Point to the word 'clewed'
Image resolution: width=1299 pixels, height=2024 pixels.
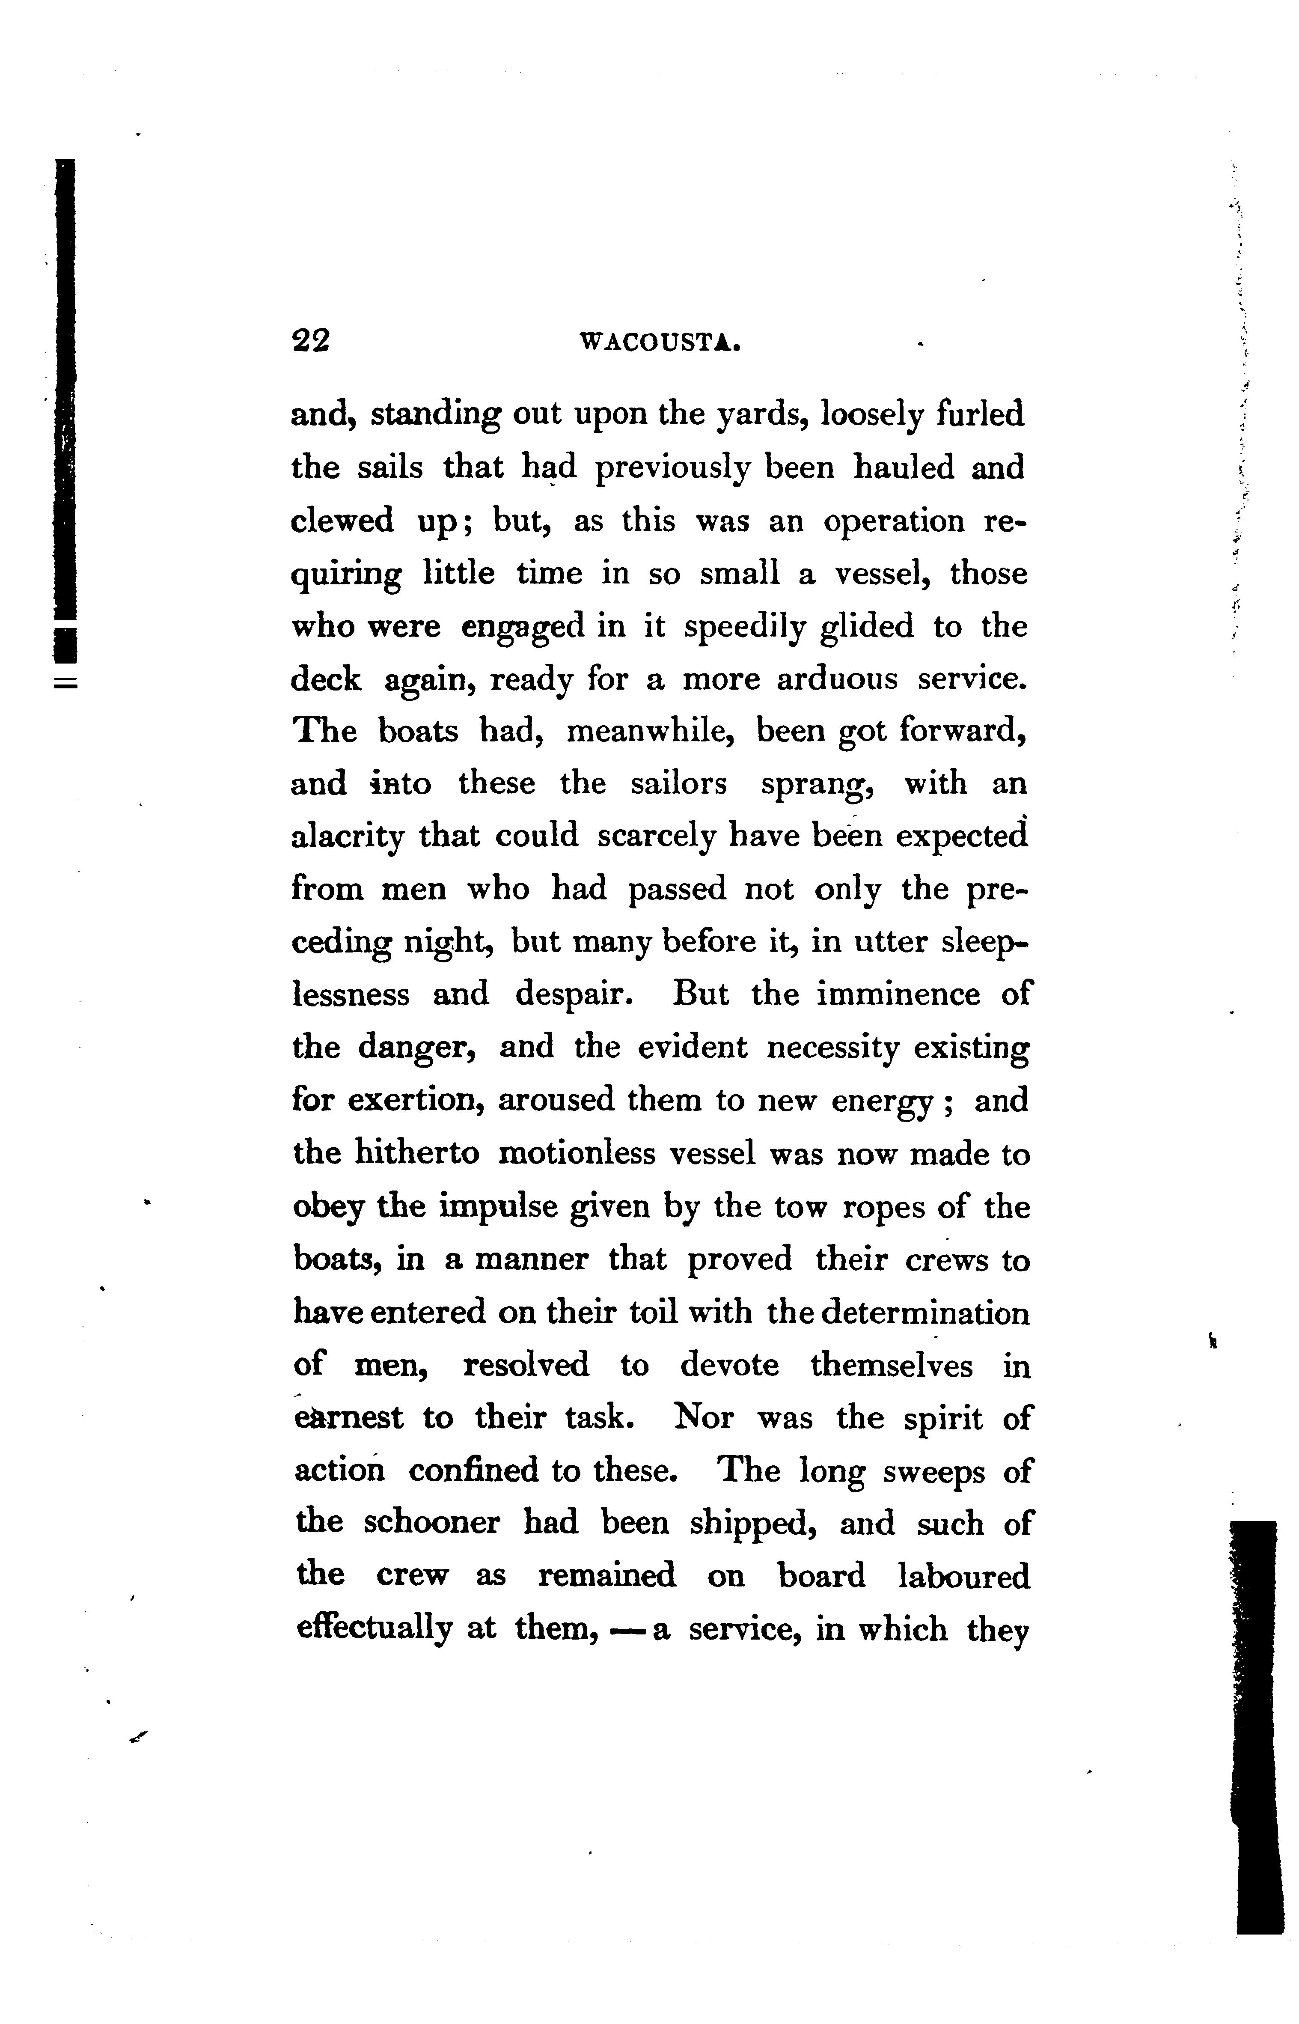click(x=342, y=521)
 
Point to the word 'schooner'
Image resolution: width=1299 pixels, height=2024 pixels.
click(x=432, y=1523)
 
